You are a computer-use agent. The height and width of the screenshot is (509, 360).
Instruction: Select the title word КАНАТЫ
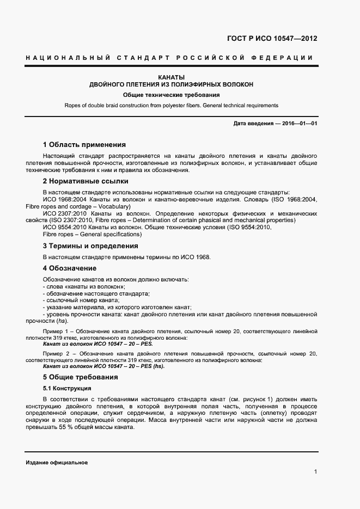pos(171,77)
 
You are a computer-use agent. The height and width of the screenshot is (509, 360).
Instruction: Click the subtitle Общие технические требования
pos(171,95)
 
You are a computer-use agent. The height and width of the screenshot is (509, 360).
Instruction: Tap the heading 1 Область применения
pos(84,145)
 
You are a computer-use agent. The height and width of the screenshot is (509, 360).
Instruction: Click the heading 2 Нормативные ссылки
pos(85,181)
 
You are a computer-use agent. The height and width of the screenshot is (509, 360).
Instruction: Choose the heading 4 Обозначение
pos(69,268)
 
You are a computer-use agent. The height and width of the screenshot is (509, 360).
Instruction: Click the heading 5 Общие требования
pos(80,377)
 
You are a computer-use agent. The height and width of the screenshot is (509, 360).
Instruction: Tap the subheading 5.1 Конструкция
pos(66,388)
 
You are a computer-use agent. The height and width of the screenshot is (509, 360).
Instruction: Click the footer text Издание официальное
pos(57,462)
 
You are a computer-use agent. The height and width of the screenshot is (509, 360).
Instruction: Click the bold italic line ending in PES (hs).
pos(103,366)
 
